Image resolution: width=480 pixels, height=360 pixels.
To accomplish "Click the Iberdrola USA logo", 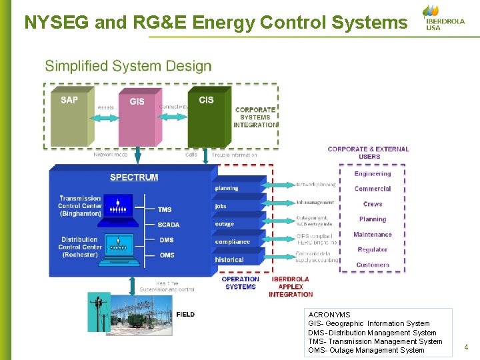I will (444, 18).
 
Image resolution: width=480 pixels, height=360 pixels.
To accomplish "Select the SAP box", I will (69, 117).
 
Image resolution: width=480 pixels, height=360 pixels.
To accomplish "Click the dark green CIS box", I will (206, 117).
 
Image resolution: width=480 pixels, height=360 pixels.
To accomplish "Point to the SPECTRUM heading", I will (134, 177).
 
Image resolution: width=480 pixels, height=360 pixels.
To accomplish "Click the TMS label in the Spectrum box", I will (165, 209).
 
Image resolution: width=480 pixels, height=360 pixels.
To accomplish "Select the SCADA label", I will (169, 225).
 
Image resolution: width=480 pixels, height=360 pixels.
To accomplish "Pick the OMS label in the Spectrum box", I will (167, 255).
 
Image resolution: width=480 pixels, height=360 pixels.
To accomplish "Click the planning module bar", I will (239, 189).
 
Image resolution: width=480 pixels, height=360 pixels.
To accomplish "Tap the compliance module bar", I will (239, 242).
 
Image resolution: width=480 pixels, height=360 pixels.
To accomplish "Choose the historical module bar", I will (239, 259).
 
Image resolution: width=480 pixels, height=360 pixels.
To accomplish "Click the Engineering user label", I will (373, 174).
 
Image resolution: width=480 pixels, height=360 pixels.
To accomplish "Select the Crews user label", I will (373, 204).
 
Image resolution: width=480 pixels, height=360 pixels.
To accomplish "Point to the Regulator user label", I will (373, 250).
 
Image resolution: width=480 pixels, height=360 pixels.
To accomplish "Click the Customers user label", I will (373, 265).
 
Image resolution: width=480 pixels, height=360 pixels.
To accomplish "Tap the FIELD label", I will (185, 314).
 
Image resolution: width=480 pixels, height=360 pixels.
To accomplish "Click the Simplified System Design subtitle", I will (128, 66).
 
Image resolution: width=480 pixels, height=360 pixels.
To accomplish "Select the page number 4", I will (466, 347).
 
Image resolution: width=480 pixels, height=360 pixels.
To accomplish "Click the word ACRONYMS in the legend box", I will (329, 315).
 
